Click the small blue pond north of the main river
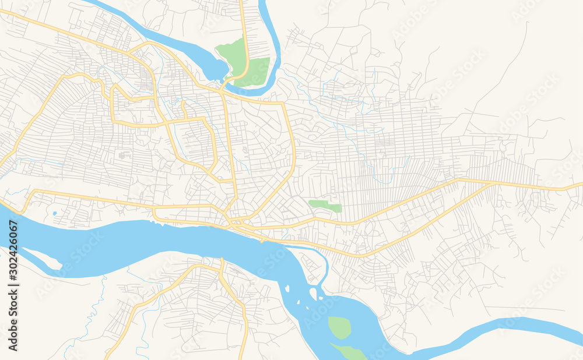tap(54, 214)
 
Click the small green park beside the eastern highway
tap(325, 205)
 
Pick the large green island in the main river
tap(339, 327)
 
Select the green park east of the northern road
tap(257, 71)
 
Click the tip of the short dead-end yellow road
tap(183, 103)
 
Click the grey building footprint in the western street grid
tap(124, 155)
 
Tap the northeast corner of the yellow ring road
tap(283, 104)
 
